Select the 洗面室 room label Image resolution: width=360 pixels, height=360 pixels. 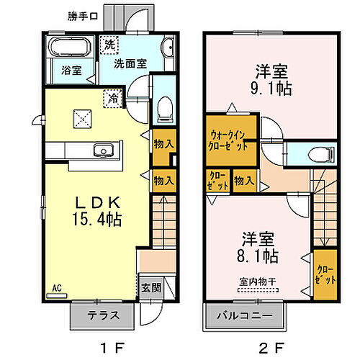click(131, 63)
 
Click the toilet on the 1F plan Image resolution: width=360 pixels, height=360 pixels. click(163, 108)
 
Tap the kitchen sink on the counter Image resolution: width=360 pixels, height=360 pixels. click(102, 150)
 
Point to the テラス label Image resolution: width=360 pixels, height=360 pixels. click(101, 315)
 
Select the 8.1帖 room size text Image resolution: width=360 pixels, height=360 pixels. click(259, 256)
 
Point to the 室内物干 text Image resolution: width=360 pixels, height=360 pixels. click(257, 282)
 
